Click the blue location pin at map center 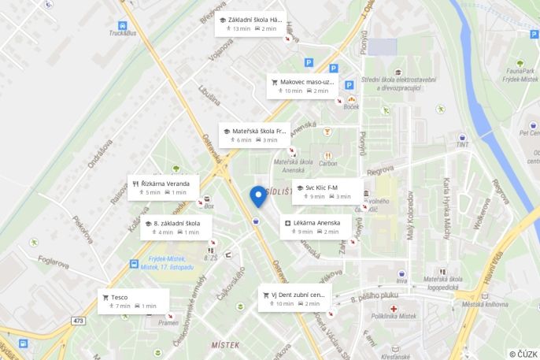point(257,196)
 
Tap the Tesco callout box point(132,301)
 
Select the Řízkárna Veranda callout point(165,187)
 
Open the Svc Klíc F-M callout point(327,191)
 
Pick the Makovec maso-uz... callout point(303,86)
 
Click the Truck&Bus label point(122,34)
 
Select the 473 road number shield point(79,321)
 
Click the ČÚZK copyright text point(523,354)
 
